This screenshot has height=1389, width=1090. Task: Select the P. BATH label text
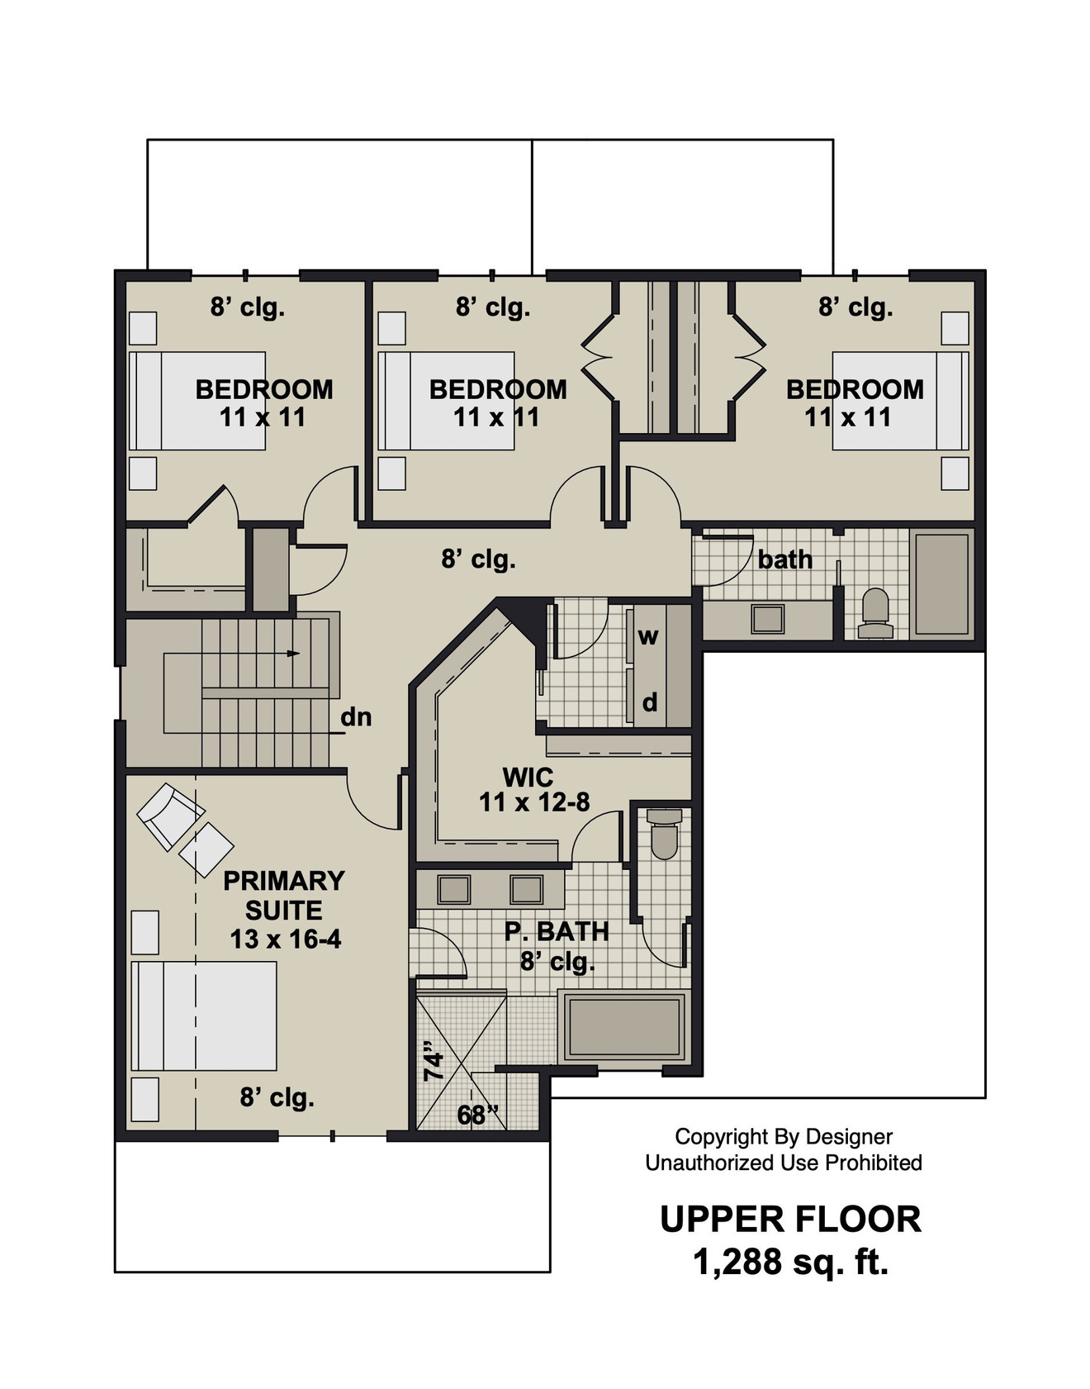pyautogui.click(x=557, y=932)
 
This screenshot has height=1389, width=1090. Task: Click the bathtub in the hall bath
pyautogui.click(x=941, y=584)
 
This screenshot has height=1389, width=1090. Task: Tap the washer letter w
pyautogui.click(x=648, y=637)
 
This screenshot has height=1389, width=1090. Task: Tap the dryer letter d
pyautogui.click(x=650, y=702)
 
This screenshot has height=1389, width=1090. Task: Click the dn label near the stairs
pyautogui.click(x=356, y=717)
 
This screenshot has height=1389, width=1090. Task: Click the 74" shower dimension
pyautogui.click(x=434, y=1065)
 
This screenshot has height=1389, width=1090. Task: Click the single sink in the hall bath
pyautogui.click(x=767, y=619)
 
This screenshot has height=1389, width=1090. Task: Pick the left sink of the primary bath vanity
pyautogui.click(x=453, y=890)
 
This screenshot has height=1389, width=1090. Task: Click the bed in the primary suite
pyautogui.click(x=205, y=1016)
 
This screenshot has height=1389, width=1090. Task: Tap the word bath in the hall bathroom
pyautogui.click(x=784, y=560)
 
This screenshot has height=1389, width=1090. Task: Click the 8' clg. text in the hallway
pyautogui.click(x=478, y=559)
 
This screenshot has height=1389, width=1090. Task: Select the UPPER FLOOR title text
pyautogui.click(x=790, y=1220)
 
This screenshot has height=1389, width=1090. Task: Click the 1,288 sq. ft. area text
pyautogui.click(x=790, y=1262)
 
